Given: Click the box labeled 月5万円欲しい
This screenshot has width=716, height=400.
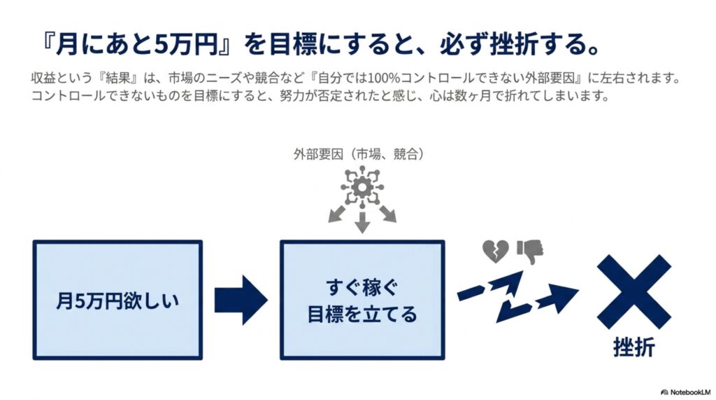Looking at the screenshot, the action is click(117, 300).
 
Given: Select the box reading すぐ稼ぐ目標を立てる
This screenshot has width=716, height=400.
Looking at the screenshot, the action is click(362, 300).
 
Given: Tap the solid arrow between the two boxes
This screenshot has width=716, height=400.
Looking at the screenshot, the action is click(241, 301).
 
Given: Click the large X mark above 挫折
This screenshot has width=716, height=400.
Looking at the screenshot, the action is click(633, 291).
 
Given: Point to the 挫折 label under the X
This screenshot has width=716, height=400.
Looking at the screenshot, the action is click(633, 347).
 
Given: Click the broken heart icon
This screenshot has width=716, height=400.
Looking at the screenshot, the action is click(496, 251).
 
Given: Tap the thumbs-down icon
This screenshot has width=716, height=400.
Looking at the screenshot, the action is click(530, 251).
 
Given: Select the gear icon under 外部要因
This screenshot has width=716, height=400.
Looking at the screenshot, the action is click(362, 187).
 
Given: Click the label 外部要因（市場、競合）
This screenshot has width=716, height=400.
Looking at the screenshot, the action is click(359, 154).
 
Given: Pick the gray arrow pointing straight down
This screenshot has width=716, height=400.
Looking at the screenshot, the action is click(362, 223).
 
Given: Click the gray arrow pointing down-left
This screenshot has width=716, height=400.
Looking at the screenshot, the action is click(338, 214).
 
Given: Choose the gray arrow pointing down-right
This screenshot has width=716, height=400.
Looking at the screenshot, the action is click(387, 214).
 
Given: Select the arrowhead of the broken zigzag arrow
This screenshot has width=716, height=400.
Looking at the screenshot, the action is click(563, 296).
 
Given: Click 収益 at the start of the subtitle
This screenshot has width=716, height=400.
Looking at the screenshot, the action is click(43, 78).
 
